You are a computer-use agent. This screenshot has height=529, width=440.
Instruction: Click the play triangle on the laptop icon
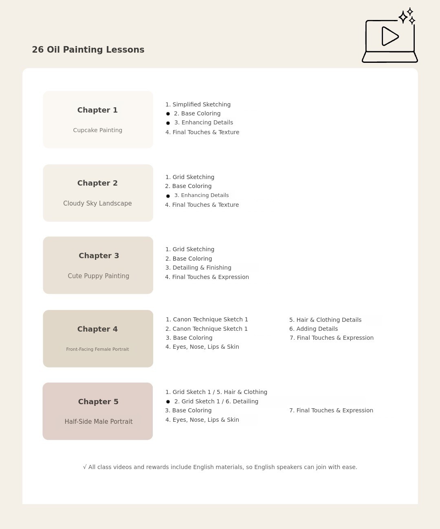pos(389,36)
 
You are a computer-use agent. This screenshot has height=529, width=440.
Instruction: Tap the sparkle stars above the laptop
pos(407,17)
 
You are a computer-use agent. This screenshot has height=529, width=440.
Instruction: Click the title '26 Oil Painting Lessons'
pos(88,50)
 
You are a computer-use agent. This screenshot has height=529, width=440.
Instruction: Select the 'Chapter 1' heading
pos(97,110)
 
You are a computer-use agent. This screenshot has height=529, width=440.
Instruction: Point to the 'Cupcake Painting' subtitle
pos(97,130)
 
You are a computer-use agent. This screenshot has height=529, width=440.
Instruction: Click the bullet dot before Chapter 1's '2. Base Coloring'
pos(168,114)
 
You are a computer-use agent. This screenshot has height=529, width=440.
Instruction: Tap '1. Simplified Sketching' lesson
pos(198,104)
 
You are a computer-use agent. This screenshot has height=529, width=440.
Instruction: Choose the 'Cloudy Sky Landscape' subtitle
pos(97,203)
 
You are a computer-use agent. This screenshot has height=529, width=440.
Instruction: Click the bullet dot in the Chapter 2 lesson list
pos(168,196)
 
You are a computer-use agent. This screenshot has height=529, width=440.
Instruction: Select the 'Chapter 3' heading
pos(99,256)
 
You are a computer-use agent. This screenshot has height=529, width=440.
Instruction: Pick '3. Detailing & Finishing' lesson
pos(198,268)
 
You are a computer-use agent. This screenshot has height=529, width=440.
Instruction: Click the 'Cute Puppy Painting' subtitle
pos(98,276)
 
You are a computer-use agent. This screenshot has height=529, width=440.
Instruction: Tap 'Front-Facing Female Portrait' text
pos(97,349)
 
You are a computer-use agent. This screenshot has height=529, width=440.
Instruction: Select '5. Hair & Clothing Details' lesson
pos(325,320)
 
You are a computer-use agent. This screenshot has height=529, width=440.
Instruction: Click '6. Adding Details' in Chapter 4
pos(313,329)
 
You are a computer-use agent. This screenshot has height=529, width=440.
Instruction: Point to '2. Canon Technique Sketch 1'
pos(207,329)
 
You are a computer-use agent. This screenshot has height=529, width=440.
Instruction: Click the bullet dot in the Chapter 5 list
pos(168,402)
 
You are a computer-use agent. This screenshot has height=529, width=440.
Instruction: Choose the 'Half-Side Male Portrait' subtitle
pos(98,422)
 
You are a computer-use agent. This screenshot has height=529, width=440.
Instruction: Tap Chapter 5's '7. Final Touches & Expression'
pos(331,410)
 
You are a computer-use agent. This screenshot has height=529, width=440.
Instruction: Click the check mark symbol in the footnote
pos(85,467)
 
